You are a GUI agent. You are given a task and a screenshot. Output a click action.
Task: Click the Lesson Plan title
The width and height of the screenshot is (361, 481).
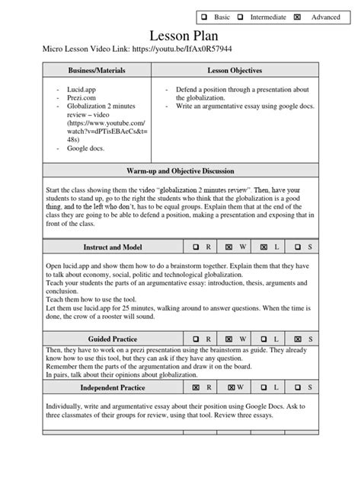click(x=180, y=35)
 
